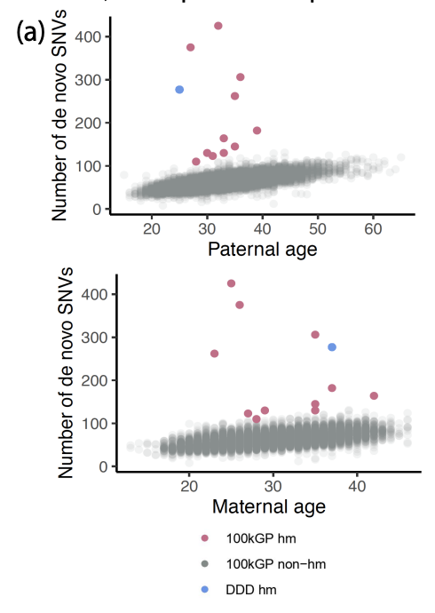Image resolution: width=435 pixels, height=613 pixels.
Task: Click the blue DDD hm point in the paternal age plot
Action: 179,90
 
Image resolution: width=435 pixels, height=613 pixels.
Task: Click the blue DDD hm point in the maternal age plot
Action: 332,347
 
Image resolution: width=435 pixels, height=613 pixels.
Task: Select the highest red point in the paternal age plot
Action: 218,26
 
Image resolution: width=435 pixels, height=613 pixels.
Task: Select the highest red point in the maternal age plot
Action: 231,283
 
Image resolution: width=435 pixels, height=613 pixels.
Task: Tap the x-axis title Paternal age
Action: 262,250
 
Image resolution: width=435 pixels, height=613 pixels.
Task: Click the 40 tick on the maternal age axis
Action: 357,487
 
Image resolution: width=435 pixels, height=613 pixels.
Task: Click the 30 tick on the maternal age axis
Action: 273,487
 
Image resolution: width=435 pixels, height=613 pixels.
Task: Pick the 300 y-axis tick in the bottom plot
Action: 99,338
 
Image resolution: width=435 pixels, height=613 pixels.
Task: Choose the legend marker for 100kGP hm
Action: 206,537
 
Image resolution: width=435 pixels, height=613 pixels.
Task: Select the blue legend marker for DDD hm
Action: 206,590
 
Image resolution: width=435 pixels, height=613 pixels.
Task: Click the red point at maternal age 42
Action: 374,395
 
